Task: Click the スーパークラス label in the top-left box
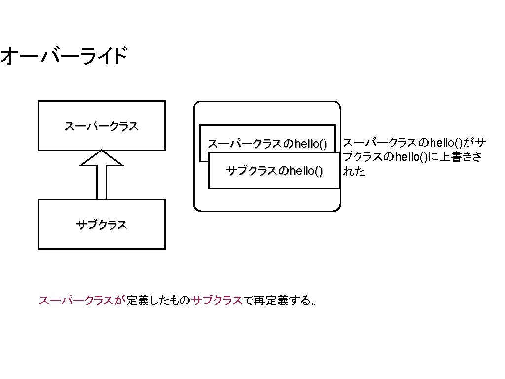101,126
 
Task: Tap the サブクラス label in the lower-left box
101,225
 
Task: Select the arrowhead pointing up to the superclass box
102,159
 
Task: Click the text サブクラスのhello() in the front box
274,171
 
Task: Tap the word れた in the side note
354,172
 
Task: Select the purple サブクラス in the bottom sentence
217,301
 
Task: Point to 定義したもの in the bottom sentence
158,301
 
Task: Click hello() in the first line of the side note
446,144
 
